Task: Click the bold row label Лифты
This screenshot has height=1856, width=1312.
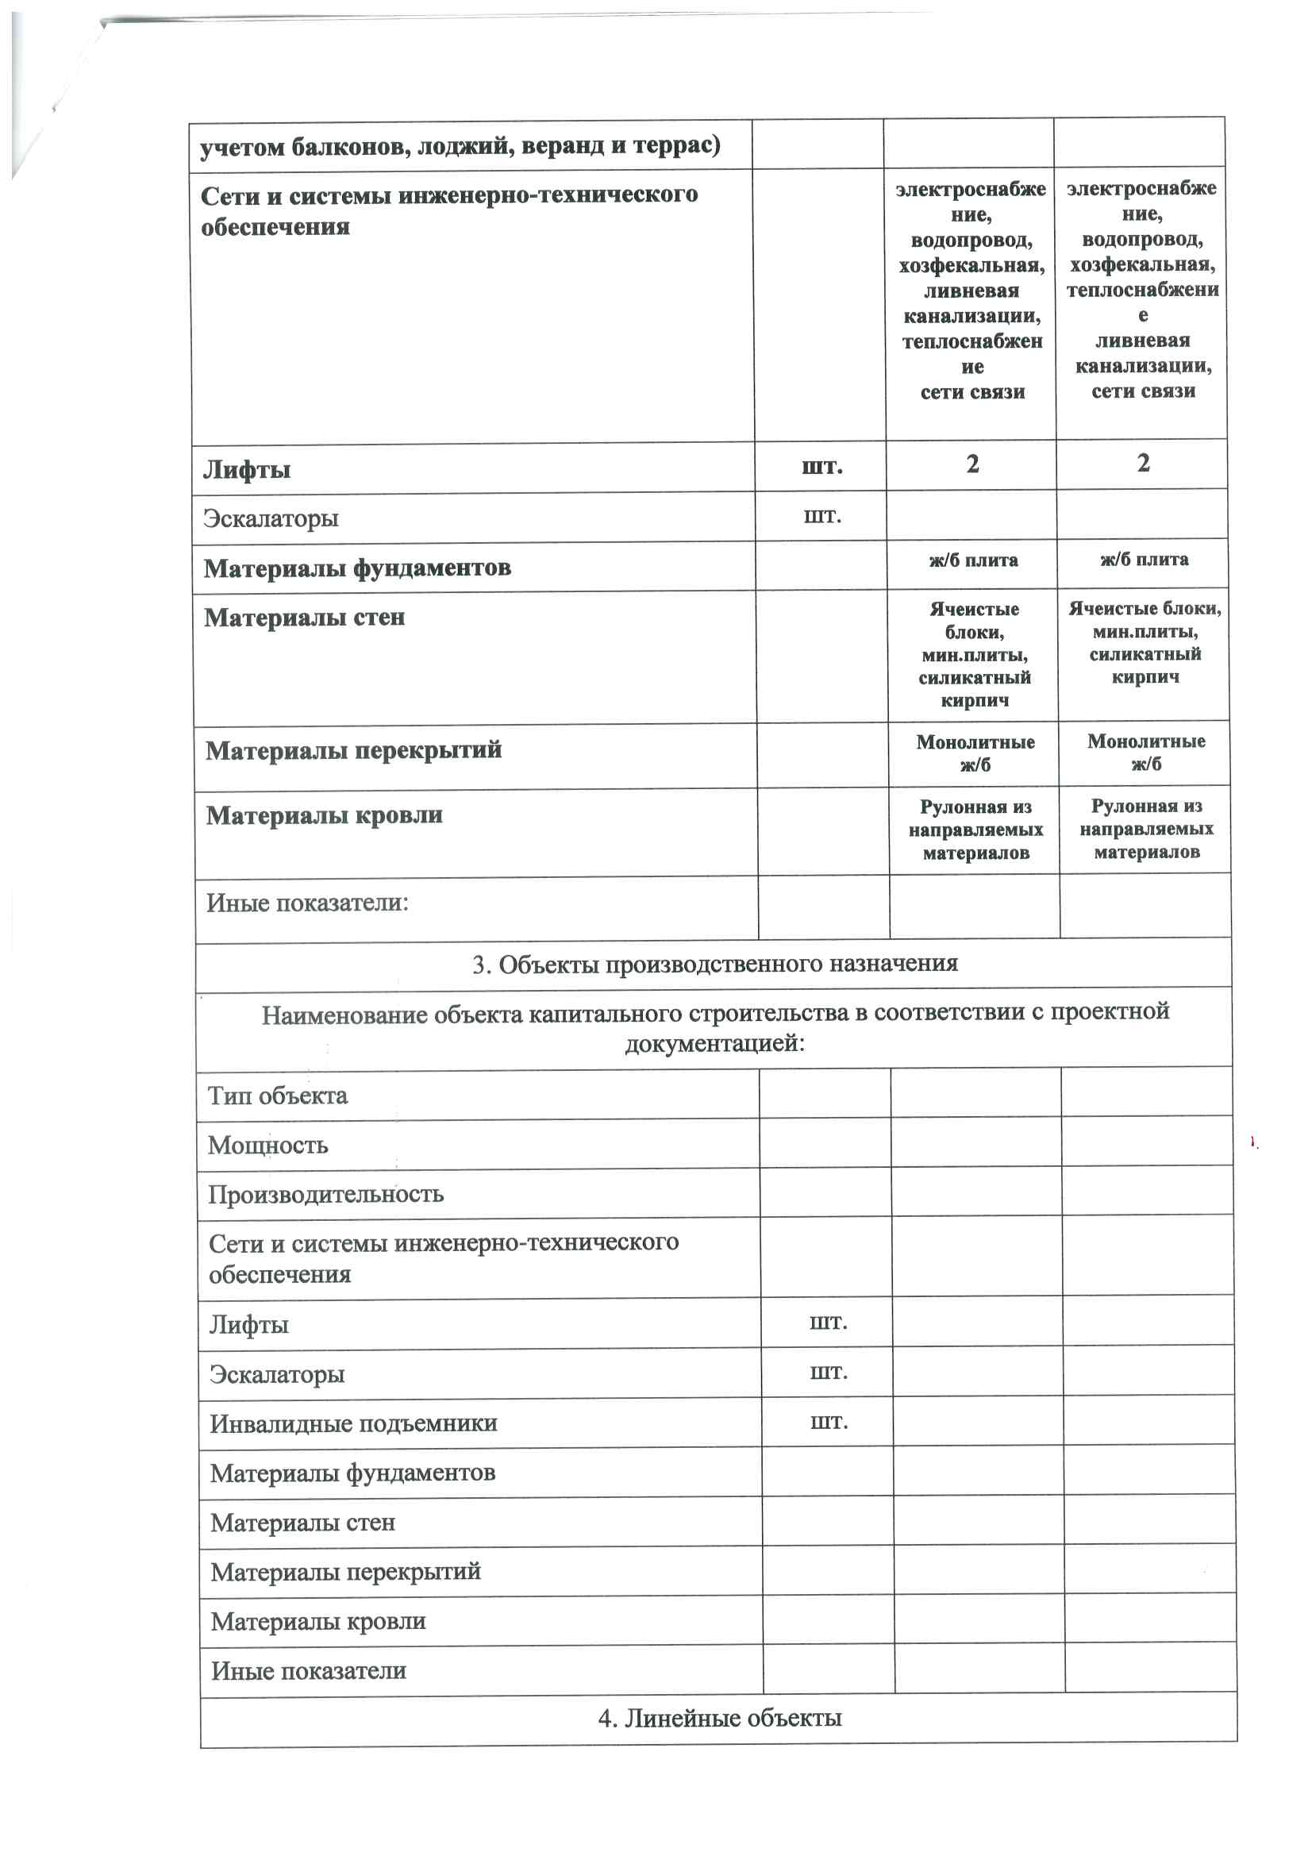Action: (247, 470)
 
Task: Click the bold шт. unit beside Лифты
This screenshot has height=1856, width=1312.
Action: (821, 467)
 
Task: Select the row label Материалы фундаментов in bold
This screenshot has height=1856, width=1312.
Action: (356, 568)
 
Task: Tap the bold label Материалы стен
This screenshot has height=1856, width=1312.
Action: (304, 618)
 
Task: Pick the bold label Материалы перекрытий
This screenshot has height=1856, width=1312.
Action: (353, 750)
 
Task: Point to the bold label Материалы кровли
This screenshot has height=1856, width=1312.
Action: (324, 814)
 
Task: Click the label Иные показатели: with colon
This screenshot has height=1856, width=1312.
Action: (307, 902)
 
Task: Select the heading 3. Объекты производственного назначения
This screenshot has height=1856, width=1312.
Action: (714, 964)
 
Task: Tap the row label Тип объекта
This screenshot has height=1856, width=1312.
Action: (277, 1096)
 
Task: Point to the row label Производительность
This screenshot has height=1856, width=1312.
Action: (325, 1194)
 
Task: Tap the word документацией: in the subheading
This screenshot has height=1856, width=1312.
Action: (714, 1044)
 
